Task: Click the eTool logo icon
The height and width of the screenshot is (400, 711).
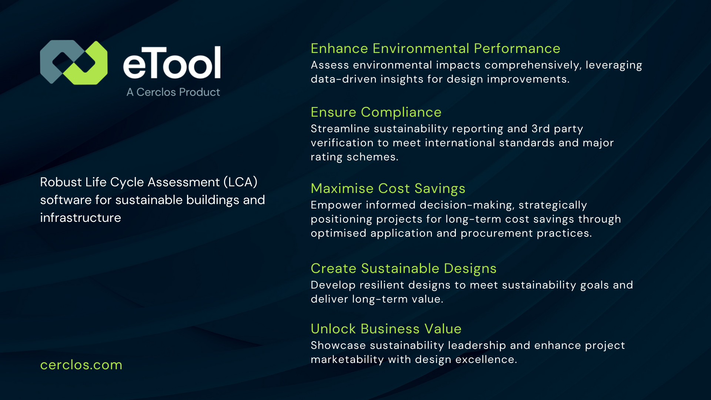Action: tap(74, 62)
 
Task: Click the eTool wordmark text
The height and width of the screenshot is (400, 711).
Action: tap(172, 63)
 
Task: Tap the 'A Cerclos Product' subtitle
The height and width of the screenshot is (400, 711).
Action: tap(173, 92)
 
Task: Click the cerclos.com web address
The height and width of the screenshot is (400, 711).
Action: tap(81, 365)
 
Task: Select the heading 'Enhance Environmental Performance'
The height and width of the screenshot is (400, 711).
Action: tap(435, 49)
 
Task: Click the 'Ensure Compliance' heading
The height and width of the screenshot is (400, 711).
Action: tap(376, 112)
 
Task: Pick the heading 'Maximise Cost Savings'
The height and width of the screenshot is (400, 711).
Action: tap(388, 189)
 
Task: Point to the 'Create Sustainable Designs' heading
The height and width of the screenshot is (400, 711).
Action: tap(403, 269)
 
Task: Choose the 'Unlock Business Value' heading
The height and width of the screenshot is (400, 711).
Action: tap(386, 329)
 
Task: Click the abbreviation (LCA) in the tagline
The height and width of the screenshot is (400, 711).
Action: tap(240, 182)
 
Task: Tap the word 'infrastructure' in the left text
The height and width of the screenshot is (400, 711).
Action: tap(80, 218)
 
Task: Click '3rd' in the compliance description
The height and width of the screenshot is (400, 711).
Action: tap(541, 129)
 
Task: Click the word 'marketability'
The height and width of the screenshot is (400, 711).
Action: tap(347, 360)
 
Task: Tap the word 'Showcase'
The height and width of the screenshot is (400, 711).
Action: tap(338, 346)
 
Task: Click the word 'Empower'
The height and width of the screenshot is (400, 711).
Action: tap(336, 205)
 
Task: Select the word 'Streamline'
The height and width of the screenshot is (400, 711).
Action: tap(340, 129)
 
